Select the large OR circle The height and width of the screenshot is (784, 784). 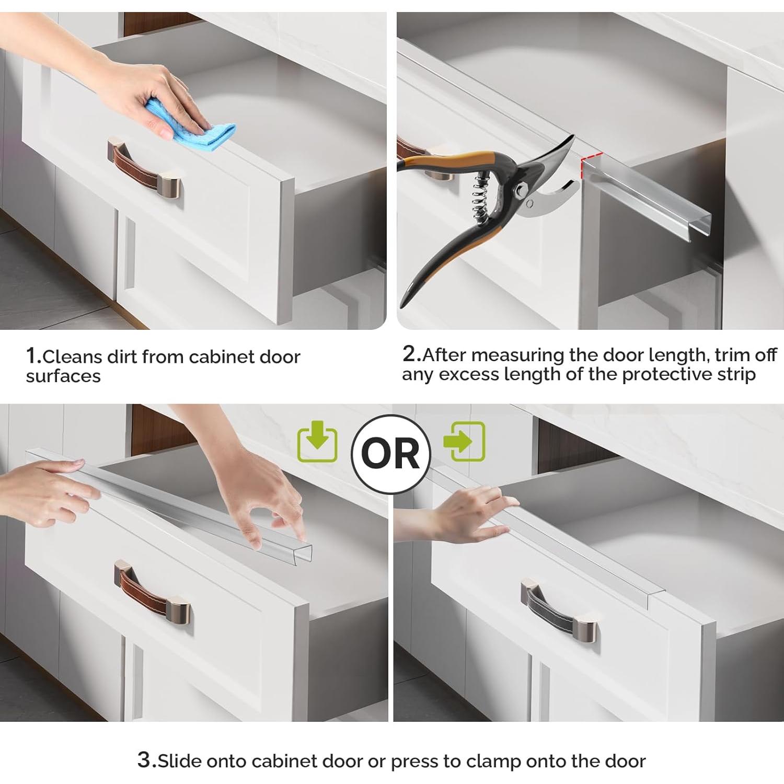[x=391, y=454]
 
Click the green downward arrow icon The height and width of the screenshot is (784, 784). [x=317, y=443]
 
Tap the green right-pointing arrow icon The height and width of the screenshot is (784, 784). [x=464, y=441]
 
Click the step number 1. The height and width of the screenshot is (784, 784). [x=33, y=356]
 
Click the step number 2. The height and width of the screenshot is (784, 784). [x=411, y=354]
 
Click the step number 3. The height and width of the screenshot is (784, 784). [x=146, y=759]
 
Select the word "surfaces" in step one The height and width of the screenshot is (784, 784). [x=63, y=376]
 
